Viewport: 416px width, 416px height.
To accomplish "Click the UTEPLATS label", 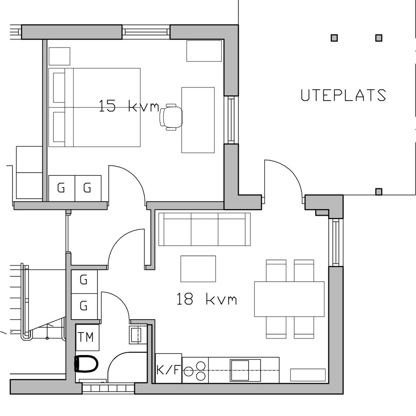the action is [343, 95].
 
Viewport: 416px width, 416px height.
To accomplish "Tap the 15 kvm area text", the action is [129, 106].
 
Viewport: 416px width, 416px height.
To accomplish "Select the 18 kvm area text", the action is [207, 299].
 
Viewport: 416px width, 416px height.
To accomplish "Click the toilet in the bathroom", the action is [86, 364].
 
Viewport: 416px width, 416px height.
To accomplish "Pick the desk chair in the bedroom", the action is [171, 117].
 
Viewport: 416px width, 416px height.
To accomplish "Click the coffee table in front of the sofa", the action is [198, 269].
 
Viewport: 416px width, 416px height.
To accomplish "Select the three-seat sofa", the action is [205, 229].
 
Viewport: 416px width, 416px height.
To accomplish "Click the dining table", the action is [289, 299].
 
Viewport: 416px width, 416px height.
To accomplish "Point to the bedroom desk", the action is [198, 120].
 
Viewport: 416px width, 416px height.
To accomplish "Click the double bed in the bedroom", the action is [94, 107].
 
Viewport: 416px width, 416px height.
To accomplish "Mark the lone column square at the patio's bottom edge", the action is [379, 191].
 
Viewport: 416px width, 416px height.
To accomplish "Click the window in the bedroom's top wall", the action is [146, 32].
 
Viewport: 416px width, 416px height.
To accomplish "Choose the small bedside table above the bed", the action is [59, 56].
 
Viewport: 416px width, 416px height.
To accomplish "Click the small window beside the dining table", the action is [336, 243].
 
